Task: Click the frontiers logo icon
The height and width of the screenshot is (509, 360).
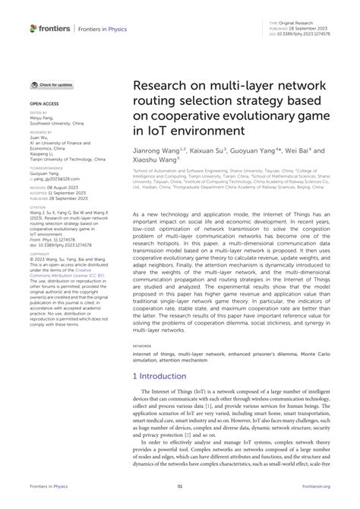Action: click(x=33, y=28)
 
